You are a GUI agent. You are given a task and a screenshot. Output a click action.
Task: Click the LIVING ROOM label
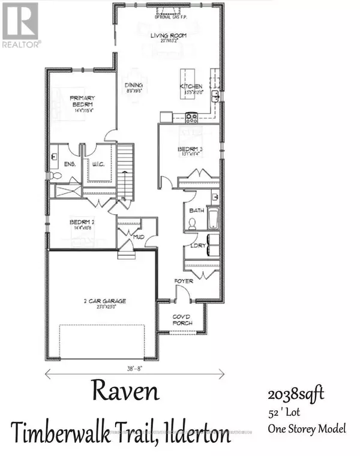pyautogui.click(x=168, y=35)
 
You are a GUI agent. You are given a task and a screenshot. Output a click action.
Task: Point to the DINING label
pyautogui.click(x=133, y=86)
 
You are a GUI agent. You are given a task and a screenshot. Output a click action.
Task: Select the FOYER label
pyautogui.click(x=183, y=281)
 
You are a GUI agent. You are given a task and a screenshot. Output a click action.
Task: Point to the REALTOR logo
pyautogui.click(x=21, y=25)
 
